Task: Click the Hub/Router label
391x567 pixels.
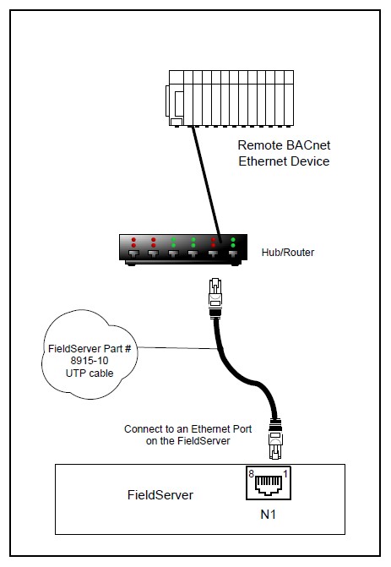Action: pos(288,253)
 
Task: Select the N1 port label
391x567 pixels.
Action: pos(269,515)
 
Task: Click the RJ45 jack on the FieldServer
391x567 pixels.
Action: pos(269,483)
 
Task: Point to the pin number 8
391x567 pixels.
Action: pos(251,474)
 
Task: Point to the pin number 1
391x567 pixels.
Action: pos(285,474)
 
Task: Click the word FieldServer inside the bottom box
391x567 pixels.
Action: pos(160,495)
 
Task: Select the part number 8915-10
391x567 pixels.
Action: pos(90,361)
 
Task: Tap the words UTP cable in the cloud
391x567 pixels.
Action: pos(90,373)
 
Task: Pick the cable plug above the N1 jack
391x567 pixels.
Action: pos(275,439)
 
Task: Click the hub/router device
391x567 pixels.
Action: pos(183,249)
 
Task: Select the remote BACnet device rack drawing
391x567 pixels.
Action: pos(230,98)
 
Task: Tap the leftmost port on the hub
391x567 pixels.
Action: pos(133,254)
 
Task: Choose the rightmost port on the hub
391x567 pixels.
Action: pos(233,254)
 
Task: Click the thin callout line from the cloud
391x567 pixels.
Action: pos(177,348)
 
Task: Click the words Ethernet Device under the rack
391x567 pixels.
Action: pos(284,161)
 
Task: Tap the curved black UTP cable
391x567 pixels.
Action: pos(249,379)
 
